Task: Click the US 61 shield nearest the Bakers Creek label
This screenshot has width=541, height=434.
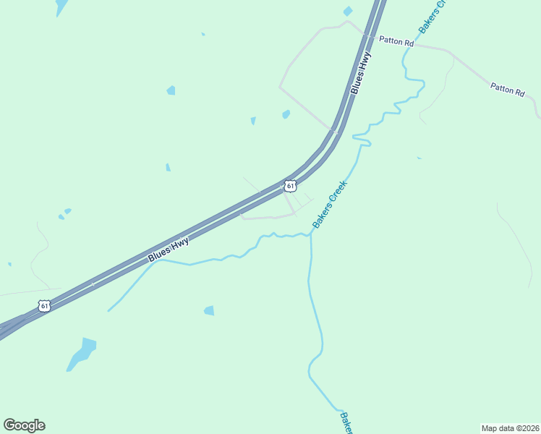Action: (290, 186)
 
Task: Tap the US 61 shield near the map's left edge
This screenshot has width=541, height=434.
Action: (45, 306)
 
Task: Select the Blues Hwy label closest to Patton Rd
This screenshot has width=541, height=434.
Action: (360, 72)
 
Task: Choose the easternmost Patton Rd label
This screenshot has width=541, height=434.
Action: (507, 89)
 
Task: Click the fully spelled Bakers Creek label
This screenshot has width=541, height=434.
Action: (331, 204)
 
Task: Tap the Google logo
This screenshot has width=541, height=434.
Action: (25, 425)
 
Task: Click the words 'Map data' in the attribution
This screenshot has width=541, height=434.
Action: (498, 427)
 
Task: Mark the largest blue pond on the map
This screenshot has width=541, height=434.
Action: (82, 354)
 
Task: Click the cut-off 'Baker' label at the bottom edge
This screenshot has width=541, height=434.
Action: (346, 423)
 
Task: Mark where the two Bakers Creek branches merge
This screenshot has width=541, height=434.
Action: (311, 234)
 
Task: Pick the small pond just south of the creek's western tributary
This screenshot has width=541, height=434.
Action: (209, 310)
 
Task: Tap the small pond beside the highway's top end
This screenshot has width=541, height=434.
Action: (348, 11)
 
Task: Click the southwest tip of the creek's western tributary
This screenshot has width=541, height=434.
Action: (108, 311)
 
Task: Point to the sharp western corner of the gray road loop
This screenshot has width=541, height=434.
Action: (280, 87)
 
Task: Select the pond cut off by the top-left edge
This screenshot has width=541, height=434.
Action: (61, 6)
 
